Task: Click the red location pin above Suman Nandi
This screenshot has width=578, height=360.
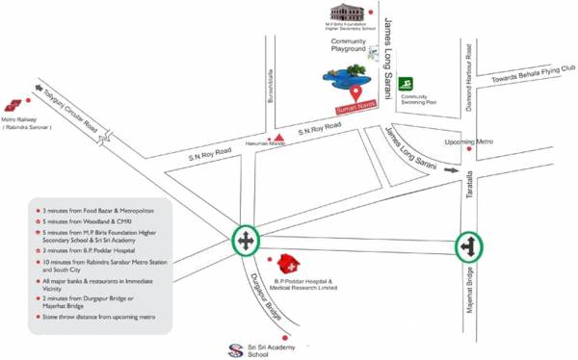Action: click(x=356, y=93)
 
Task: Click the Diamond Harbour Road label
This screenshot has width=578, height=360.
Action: click(x=468, y=75)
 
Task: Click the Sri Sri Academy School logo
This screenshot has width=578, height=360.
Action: click(x=230, y=348)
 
